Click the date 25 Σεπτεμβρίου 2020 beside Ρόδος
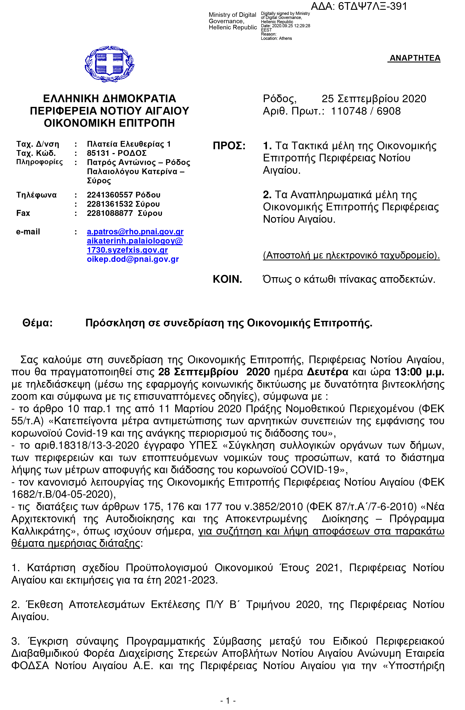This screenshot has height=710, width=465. tap(374, 99)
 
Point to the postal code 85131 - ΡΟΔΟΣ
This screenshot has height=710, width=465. tap(117, 153)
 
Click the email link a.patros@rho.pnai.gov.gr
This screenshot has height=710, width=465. tap(135, 232)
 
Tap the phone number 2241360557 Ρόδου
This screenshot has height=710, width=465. tap(123, 195)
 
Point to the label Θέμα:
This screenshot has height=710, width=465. tap(38, 323)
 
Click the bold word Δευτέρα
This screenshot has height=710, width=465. tap(328, 372)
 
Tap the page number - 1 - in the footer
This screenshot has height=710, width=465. tap(228, 700)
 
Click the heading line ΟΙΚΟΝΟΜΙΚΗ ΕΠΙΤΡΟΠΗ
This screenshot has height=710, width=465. tap(109, 123)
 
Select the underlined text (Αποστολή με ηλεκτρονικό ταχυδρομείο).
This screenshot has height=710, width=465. tap(351, 255)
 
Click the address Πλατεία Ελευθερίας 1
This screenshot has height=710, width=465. tap(128, 144)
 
